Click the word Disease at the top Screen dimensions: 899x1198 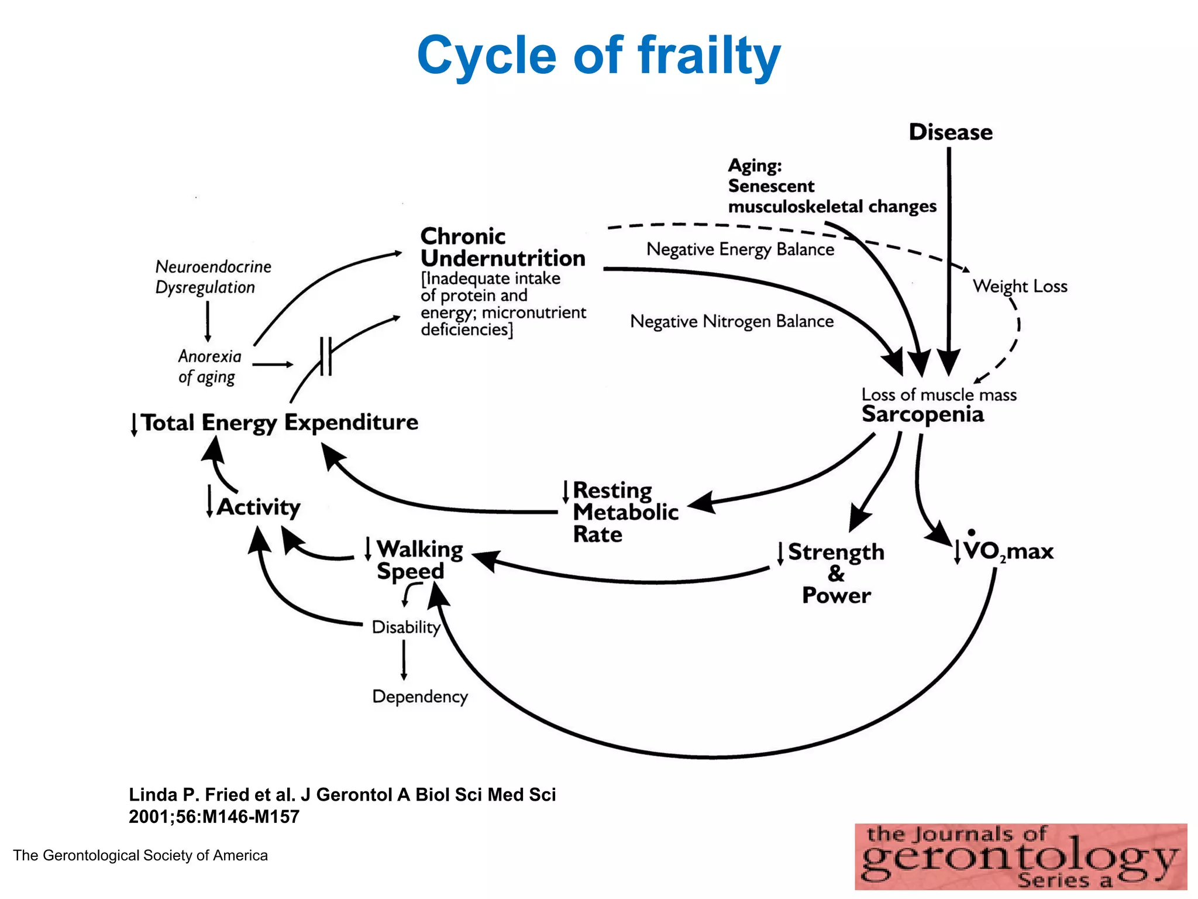[950, 132]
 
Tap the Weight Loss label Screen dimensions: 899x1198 [1020, 286]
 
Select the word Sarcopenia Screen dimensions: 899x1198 [922, 414]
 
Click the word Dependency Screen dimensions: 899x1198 [420, 696]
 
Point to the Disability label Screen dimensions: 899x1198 [406, 627]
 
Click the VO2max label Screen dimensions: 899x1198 [1008, 551]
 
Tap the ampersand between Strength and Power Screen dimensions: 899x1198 [836, 574]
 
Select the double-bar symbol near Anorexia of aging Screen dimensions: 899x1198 [326, 356]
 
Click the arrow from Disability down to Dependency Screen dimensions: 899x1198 [404, 660]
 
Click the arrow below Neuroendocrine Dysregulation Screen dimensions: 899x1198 [208, 321]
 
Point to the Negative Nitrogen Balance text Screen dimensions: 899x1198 [731, 321]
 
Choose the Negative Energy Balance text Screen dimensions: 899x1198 [740, 249]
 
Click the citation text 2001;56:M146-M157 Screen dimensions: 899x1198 [214, 816]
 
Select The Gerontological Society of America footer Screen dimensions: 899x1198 [140, 856]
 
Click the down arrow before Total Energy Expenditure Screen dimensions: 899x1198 [134, 424]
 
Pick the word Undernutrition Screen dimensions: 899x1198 [502, 258]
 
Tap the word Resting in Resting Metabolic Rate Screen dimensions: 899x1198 [612, 490]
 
